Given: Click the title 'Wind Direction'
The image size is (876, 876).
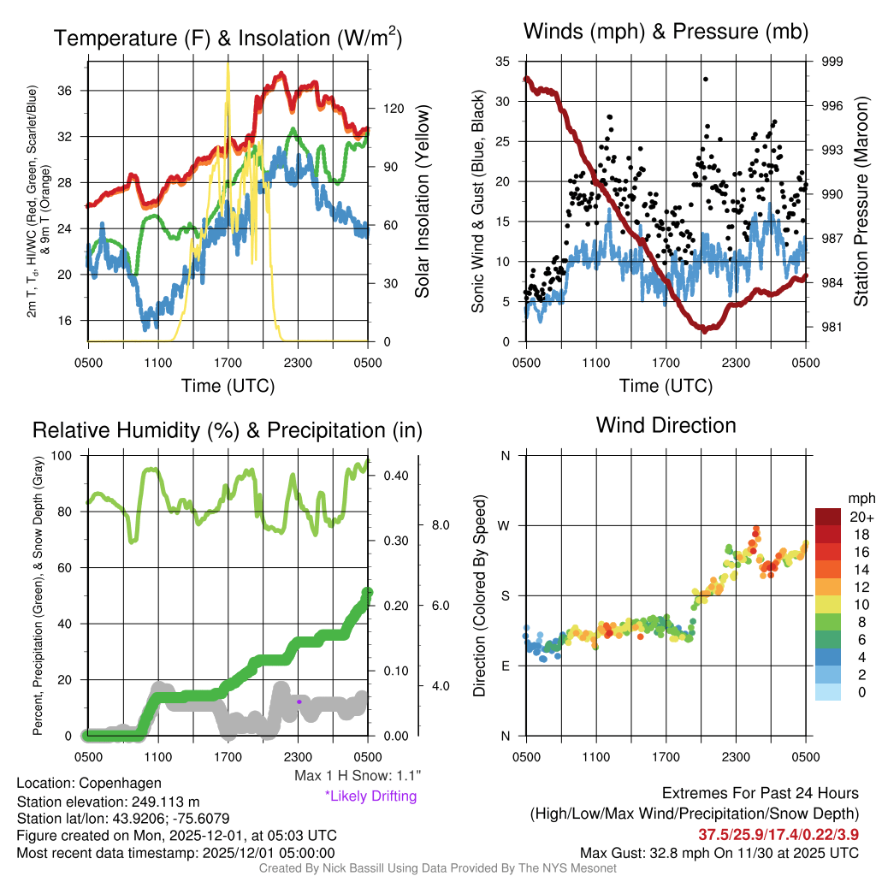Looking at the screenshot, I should (666, 425).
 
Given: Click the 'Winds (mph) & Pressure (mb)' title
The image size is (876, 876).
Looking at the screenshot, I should (666, 33).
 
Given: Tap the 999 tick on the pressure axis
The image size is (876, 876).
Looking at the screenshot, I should (832, 62).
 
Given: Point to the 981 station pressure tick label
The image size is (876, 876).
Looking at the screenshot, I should (832, 327).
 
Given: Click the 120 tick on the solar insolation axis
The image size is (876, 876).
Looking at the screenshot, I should (394, 109).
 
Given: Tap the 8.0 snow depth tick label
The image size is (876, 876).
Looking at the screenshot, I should (440, 524).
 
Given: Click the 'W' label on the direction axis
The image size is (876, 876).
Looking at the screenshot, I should (506, 525).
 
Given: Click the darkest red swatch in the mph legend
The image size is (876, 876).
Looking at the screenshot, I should (830, 517).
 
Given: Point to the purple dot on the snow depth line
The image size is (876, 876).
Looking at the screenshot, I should (299, 701).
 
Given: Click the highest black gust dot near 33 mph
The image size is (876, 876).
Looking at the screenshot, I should (706, 79).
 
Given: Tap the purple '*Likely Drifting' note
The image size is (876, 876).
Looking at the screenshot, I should (370, 796).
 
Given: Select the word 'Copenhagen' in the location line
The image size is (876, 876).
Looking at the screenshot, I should (120, 783).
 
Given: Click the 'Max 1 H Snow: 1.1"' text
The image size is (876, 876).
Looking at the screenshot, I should (357, 776).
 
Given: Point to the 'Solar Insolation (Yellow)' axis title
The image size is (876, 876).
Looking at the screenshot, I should (422, 202).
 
